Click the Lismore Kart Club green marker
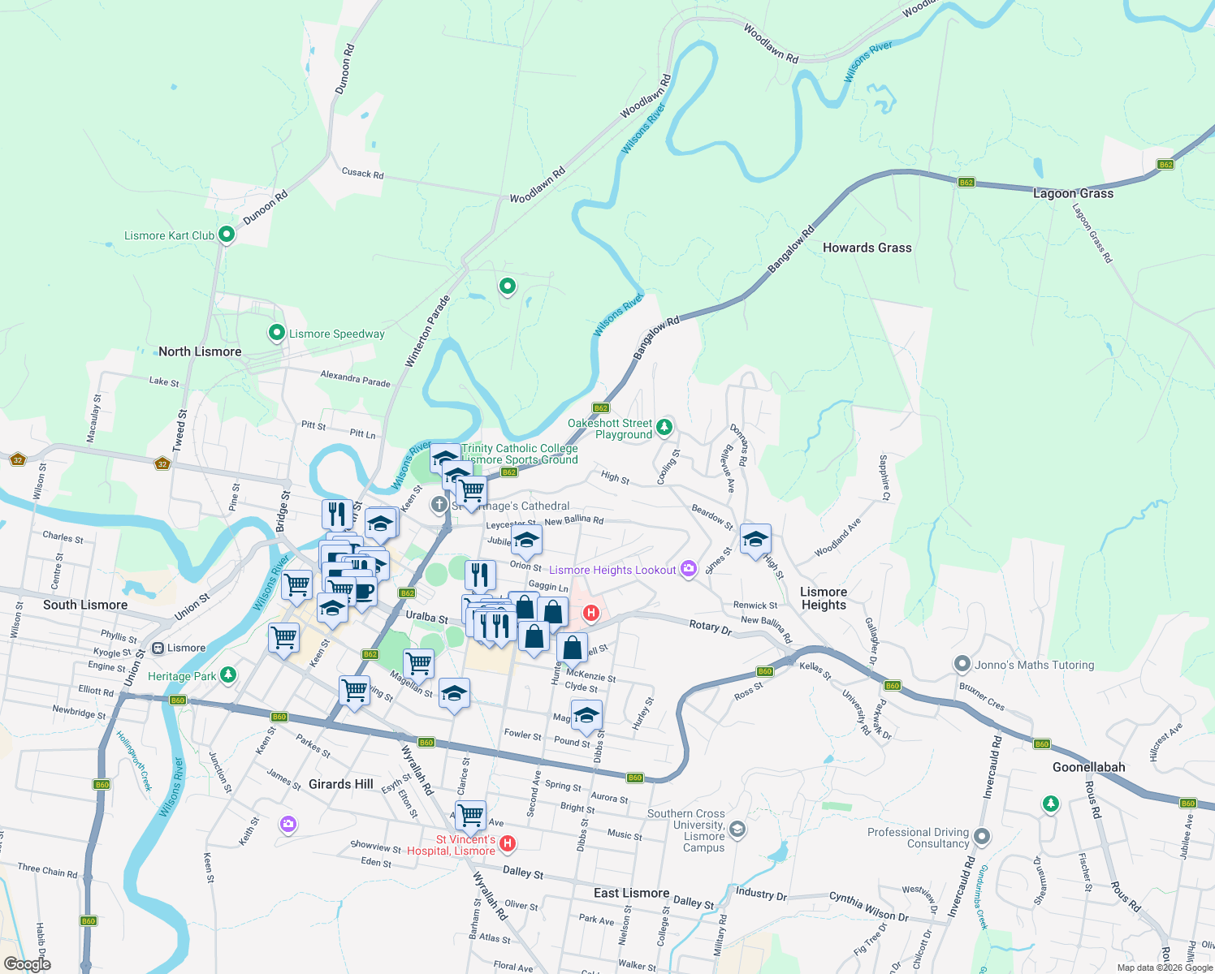(x=227, y=235)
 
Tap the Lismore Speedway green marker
(x=277, y=334)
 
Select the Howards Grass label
(x=867, y=248)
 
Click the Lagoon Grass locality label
(x=1073, y=193)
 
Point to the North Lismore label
(x=200, y=351)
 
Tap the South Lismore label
(x=85, y=605)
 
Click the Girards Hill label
(x=341, y=784)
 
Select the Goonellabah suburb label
(x=1088, y=767)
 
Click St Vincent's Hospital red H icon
(x=508, y=844)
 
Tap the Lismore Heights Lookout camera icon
(x=689, y=569)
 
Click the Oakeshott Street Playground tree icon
(x=664, y=427)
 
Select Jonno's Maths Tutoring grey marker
(x=962, y=665)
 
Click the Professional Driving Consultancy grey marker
(x=982, y=837)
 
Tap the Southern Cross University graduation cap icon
(x=737, y=829)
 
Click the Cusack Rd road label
(x=362, y=173)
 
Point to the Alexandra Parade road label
(x=355, y=378)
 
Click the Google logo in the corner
(x=27, y=964)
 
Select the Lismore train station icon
(x=158, y=648)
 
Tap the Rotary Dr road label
(x=710, y=626)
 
